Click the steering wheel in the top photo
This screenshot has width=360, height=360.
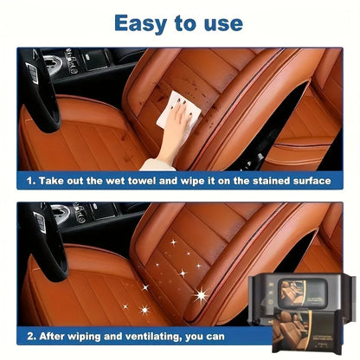click(x=40, y=91)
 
